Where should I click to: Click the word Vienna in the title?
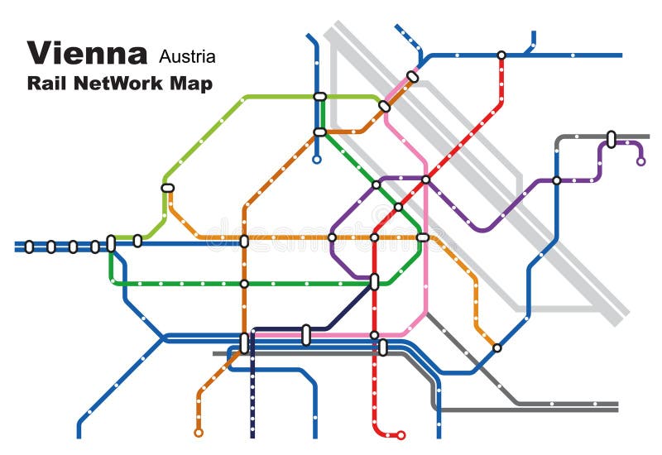click(x=88, y=53)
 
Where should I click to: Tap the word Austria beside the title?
click(x=187, y=56)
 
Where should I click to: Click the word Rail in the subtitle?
click(x=47, y=83)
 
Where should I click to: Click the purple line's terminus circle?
click(x=640, y=161)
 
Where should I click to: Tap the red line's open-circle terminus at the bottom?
click(x=401, y=435)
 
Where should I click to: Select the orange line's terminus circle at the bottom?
click(x=199, y=432)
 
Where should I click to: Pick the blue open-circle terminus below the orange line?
click(x=316, y=160)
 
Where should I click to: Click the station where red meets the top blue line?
click(x=501, y=55)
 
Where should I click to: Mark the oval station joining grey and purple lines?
click(x=611, y=139)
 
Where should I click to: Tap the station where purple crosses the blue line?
click(x=556, y=180)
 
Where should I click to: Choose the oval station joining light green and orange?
click(x=168, y=188)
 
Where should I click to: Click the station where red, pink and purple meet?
click(x=425, y=180)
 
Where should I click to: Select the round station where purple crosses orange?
click(x=332, y=237)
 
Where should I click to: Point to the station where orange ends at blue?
click(x=496, y=347)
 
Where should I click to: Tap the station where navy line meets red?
click(x=374, y=282)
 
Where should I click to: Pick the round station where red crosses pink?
click(x=374, y=335)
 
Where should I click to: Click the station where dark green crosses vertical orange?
click(x=244, y=284)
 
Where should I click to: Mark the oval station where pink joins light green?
click(x=384, y=106)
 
